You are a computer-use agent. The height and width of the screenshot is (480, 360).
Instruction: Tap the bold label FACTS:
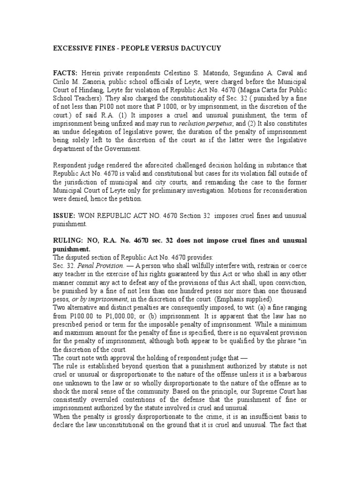tap(65, 74)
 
